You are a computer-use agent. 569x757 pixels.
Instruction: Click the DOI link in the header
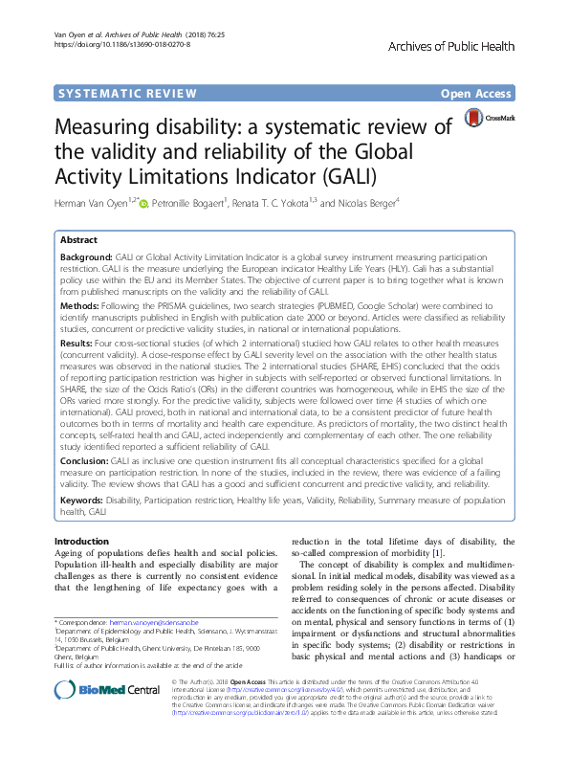121,44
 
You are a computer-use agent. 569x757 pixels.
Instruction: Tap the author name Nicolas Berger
367,203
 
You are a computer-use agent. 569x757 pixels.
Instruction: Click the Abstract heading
79,241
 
